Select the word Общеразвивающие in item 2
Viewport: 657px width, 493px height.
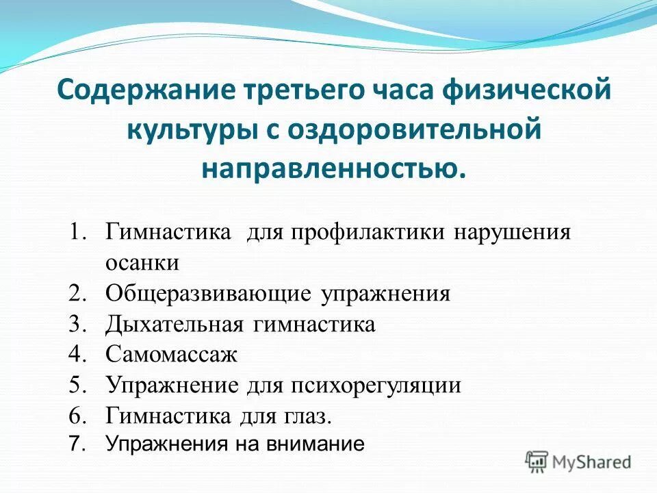point(209,294)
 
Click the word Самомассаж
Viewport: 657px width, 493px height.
point(171,355)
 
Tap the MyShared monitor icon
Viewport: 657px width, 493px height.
point(537,462)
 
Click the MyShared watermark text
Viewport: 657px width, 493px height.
point(593,462)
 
